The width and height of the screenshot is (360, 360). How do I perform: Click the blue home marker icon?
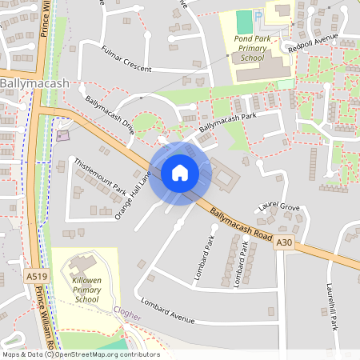(180, 173)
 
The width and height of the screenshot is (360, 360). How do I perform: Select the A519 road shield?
(32, 276)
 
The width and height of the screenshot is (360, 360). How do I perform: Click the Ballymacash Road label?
(242, 224)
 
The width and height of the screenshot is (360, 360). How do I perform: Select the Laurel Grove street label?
(279, 208)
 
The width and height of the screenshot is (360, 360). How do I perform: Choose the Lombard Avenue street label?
(168, 312)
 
